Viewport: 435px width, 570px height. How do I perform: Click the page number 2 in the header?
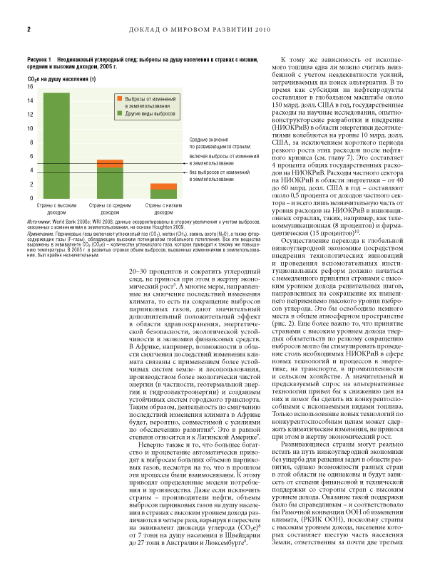tap(28, 30)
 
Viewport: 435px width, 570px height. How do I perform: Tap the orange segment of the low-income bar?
tap(163, 186)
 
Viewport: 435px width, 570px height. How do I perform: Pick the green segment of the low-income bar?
tap(163, 193)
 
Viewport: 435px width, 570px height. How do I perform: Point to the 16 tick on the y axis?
tap(30, 86)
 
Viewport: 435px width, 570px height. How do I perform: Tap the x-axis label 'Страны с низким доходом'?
tap(163, 208)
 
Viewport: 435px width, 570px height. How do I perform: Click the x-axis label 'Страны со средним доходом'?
tap(110, 208)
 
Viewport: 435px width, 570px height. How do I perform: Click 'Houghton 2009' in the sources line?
tap(186, 227)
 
